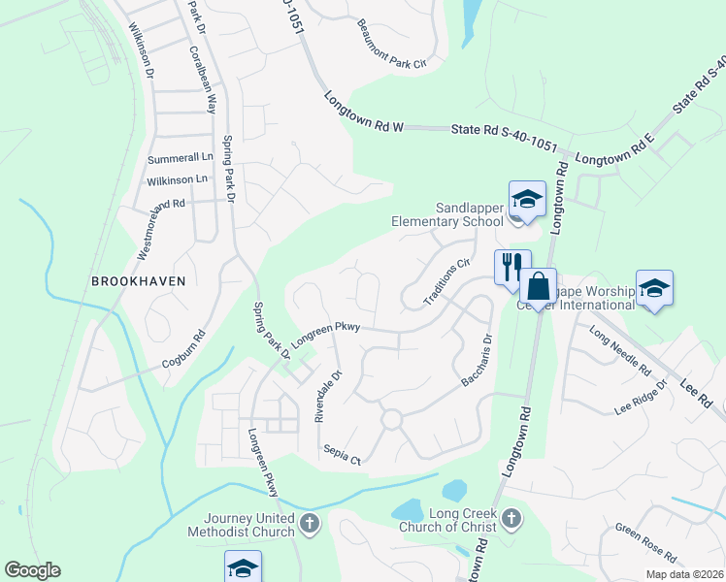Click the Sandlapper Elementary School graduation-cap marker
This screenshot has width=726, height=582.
[x=528, y=200]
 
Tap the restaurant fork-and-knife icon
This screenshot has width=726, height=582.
[x=511, y=266]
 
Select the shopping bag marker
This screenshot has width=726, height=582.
[x=538, y=287]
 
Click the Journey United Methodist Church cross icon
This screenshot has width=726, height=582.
[x=310, y=525]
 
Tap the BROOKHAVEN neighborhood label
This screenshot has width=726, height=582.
[x=137, y=280]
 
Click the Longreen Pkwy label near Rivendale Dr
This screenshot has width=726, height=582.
[x=325, y=333]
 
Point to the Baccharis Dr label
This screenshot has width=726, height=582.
[x=478, y=362]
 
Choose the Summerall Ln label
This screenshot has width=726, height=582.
[x=180, y=157]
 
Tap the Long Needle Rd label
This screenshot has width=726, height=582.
[x=619, y=352]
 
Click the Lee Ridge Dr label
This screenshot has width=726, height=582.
[x=642, y=398]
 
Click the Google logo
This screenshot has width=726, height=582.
[x=32, y=570]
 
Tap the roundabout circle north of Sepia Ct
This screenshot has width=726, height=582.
[x=391, y=419]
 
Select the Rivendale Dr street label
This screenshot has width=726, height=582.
[x=329, y=396]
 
